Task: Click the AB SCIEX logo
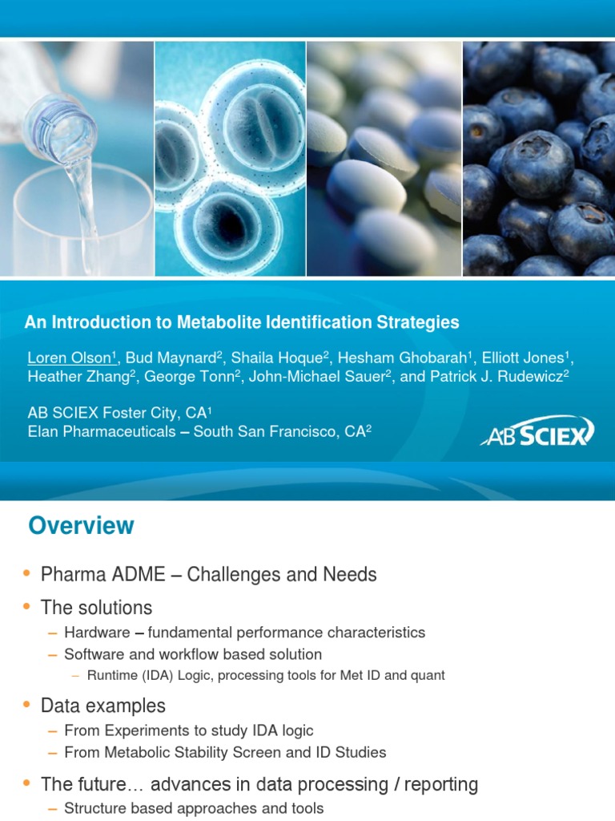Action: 537,432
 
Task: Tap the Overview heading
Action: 81,526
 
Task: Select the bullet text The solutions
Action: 96,608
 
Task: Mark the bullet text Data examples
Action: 103,706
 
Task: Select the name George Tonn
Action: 199,376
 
